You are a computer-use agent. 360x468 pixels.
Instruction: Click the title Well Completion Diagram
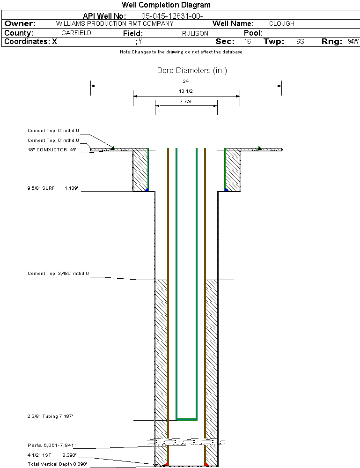166,5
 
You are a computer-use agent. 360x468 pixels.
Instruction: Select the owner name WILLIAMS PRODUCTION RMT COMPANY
114,23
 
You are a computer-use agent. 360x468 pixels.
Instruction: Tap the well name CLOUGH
282,23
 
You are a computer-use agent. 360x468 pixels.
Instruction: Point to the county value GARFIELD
76,33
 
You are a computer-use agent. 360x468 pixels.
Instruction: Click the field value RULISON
195,33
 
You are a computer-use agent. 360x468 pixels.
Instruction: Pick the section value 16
248,42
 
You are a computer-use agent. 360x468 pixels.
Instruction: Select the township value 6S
300,42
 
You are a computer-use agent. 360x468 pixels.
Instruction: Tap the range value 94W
353,42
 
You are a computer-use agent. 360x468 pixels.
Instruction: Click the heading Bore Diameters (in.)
192,71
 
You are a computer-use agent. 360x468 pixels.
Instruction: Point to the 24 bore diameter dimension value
186,82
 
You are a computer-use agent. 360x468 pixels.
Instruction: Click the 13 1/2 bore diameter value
186,91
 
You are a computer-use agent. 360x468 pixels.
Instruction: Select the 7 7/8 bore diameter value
186,101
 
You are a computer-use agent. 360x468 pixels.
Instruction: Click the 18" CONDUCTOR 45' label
51,150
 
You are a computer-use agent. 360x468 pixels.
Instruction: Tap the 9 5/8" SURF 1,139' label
51,188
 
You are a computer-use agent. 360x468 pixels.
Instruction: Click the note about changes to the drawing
181,52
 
